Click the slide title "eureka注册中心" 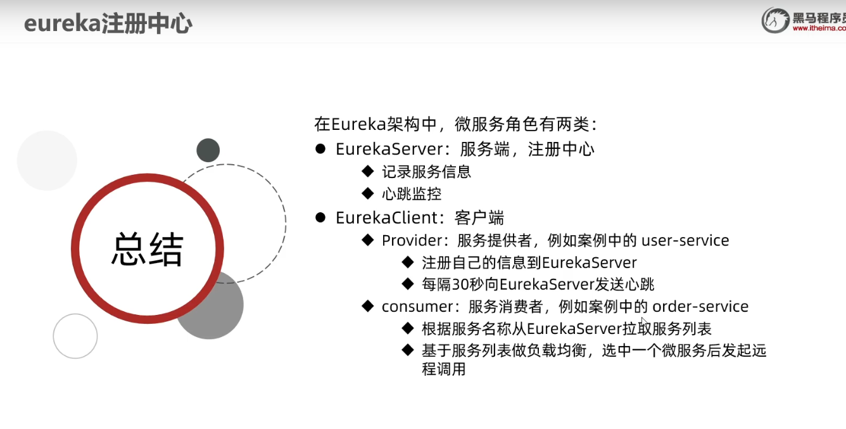click(x=108, y=24)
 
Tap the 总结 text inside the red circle click(x=148, y=249)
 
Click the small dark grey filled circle click(x=208, y=150)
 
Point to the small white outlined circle click(x=75, y=336)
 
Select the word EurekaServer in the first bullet click(x=388, y=150)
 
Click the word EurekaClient click(x=387, y=218)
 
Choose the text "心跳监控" click(x=411, y=194)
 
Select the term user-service click(x=685, y=241)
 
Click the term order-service click(x=700, y=307)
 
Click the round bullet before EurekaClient click(x=320, y=218)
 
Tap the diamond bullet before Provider click(x=367, y=240)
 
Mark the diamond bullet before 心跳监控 click(x=367, y=193)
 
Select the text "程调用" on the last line click(x=443, y=369)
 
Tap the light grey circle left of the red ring click(x=47, y=160)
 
